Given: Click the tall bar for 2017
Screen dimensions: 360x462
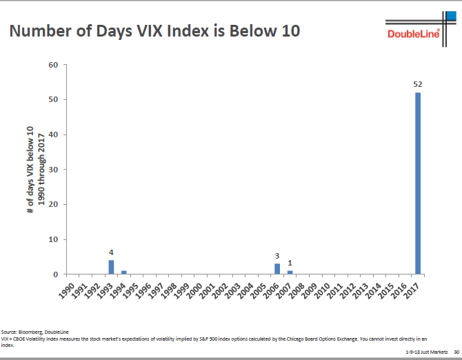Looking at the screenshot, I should click(x=418, y=183).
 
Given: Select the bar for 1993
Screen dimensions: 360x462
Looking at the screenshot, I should click(x=111, y=267).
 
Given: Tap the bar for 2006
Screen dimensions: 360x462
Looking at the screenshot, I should click(x=277, y=268).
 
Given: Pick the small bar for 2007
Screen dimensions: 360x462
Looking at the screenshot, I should click(x=290, y=272).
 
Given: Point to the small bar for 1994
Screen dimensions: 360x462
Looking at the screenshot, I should click(x=124, y=272).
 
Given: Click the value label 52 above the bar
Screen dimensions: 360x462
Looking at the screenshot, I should click(x=418, y=84).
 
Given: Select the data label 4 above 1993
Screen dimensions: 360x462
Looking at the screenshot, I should click(x=111, y=252).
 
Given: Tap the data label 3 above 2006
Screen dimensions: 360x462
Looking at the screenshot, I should click(x=277, y=256).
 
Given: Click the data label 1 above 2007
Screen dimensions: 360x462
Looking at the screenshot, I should click(x=290, y=263).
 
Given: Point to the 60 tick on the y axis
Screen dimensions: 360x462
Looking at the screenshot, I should click(x=54, y=65).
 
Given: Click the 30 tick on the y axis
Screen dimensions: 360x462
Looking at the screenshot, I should click(x=54, y=170).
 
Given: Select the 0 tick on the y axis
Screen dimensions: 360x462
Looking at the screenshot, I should click(x=56, y=274).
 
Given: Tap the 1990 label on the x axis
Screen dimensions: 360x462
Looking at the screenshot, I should click(x=67, y=290).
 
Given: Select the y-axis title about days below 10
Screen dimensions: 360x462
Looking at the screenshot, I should click(x=35, y=170).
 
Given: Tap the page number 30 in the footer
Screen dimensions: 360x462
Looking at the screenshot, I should click(x=456, y=352).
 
